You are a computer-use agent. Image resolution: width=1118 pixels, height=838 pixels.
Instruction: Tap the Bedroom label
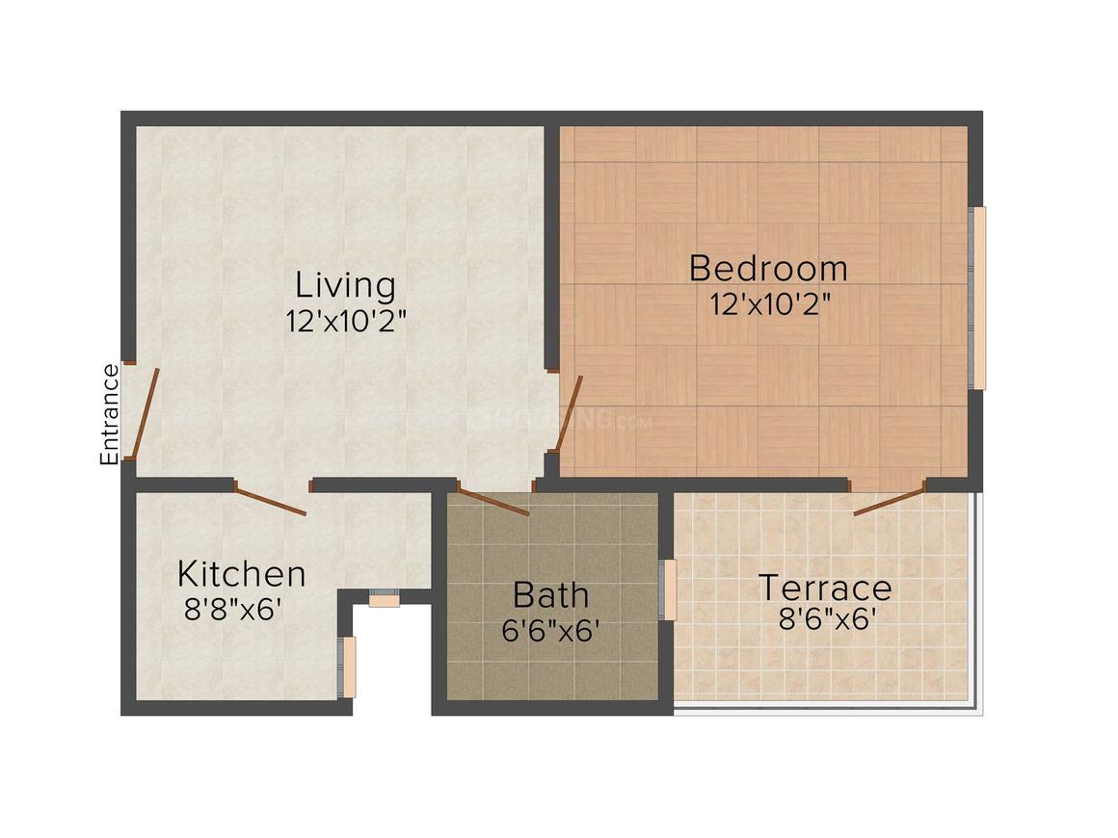(768, 268)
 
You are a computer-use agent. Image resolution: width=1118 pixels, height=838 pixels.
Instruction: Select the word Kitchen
(241, 574)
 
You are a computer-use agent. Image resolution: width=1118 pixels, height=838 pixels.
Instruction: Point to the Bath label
(550, 594)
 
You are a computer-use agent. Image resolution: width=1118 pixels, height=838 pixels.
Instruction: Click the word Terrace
(824, 588)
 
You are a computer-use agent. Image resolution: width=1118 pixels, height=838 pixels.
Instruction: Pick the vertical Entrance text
(110, 414)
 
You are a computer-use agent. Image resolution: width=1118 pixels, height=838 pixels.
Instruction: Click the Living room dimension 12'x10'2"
(346, 321)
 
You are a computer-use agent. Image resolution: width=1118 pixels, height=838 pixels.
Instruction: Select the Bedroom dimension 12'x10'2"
(770, 304)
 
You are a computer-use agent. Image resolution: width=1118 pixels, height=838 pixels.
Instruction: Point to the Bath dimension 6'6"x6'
(551, 631)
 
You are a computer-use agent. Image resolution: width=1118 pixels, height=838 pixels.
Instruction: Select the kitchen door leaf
(271, 502)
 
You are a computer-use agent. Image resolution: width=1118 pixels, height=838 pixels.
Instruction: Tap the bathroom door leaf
(492, 502)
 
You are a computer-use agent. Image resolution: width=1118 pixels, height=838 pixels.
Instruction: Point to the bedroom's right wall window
(977, 299)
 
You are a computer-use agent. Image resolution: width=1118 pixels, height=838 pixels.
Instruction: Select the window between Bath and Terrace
(668, 589)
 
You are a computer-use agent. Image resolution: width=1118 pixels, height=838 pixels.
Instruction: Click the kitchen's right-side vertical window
(350, 667)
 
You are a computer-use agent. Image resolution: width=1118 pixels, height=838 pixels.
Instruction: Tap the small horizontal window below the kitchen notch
(385, 598)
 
